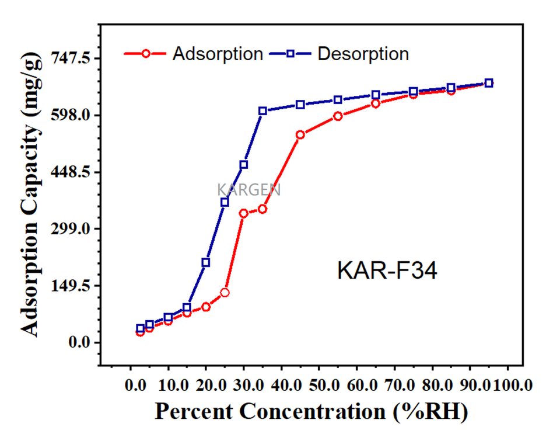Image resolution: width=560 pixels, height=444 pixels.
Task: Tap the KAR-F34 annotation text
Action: click(x=387, y=271)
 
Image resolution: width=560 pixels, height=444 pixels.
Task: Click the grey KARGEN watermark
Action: click(x=249, y=190)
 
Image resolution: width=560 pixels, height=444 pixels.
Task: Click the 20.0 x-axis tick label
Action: click(x=206, y=386)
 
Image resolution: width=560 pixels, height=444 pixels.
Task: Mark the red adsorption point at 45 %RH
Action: click(x=300, y=135)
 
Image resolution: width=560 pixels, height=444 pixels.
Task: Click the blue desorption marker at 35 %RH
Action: click(x=262, y=111)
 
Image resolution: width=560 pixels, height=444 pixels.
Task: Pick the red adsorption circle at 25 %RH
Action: click(x=225, y=293)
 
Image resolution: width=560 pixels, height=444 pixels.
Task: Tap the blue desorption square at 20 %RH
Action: click(x=206, y=263)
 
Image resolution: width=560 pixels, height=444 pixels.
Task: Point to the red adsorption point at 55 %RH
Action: click(x=338, y=116)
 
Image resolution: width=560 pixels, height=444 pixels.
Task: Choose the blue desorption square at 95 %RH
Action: click(x=489, y=83)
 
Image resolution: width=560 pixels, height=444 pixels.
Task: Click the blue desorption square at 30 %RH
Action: click(x=244, y=165)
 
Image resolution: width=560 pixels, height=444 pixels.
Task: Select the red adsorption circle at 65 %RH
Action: click(x=376, y=104)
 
